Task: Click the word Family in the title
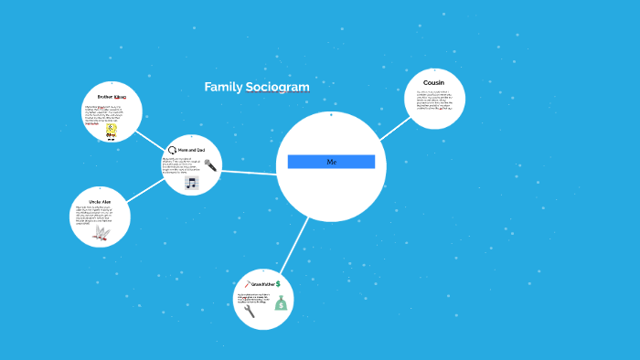point(223,87)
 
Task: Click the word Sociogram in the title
point(278,87)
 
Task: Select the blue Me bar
point(331,162)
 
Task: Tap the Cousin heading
point(433,82)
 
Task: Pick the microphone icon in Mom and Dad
point(210,165)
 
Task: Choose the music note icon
point(191,183)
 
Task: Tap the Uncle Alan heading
point(101,200)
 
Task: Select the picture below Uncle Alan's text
point(101,234)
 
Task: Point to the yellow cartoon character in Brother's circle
point(112,131)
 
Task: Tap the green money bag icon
point(281,302)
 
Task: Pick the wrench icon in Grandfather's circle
point(249,311)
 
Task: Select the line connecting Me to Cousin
point(394,127)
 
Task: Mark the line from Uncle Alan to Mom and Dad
point(146,190)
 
